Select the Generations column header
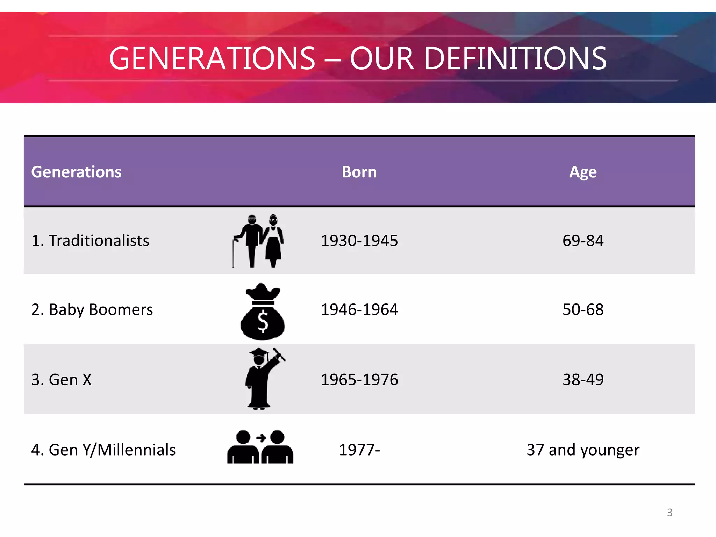click(76, 172)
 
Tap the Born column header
click(359, 172)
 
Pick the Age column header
click(583, 172)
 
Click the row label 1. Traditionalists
click(90, 241)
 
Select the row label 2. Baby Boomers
click(92, 309)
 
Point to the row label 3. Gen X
click(62, 379)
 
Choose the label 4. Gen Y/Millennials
click(103, 450)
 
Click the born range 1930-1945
click(359, 241)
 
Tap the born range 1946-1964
click(359, 309)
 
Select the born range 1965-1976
click(359, 379)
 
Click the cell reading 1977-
click(359, 450)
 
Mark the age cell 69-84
click(583, 241)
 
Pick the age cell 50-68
click(583, 309)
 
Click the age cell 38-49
click(583, 379)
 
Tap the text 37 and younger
click(583, 450)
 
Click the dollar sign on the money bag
click(263, 322)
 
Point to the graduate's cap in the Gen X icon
click(259, 352)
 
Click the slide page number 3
click(670, 513)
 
